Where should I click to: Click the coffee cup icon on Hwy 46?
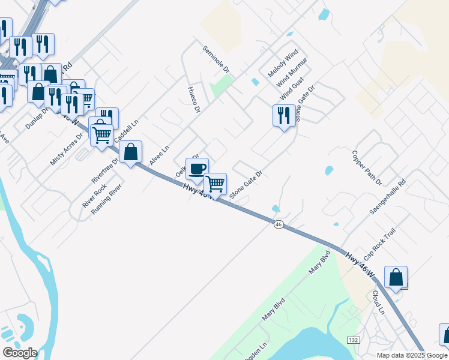197,168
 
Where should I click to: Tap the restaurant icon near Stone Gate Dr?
283,115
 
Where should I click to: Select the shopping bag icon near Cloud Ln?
396,277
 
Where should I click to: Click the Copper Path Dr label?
367,167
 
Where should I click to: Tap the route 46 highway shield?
278,224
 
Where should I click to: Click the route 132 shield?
353,340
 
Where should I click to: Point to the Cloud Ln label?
378,302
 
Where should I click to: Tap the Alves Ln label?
160,155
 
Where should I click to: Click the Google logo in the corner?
19,353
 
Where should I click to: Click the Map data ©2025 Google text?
412,355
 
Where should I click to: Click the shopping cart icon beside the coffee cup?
215,183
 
